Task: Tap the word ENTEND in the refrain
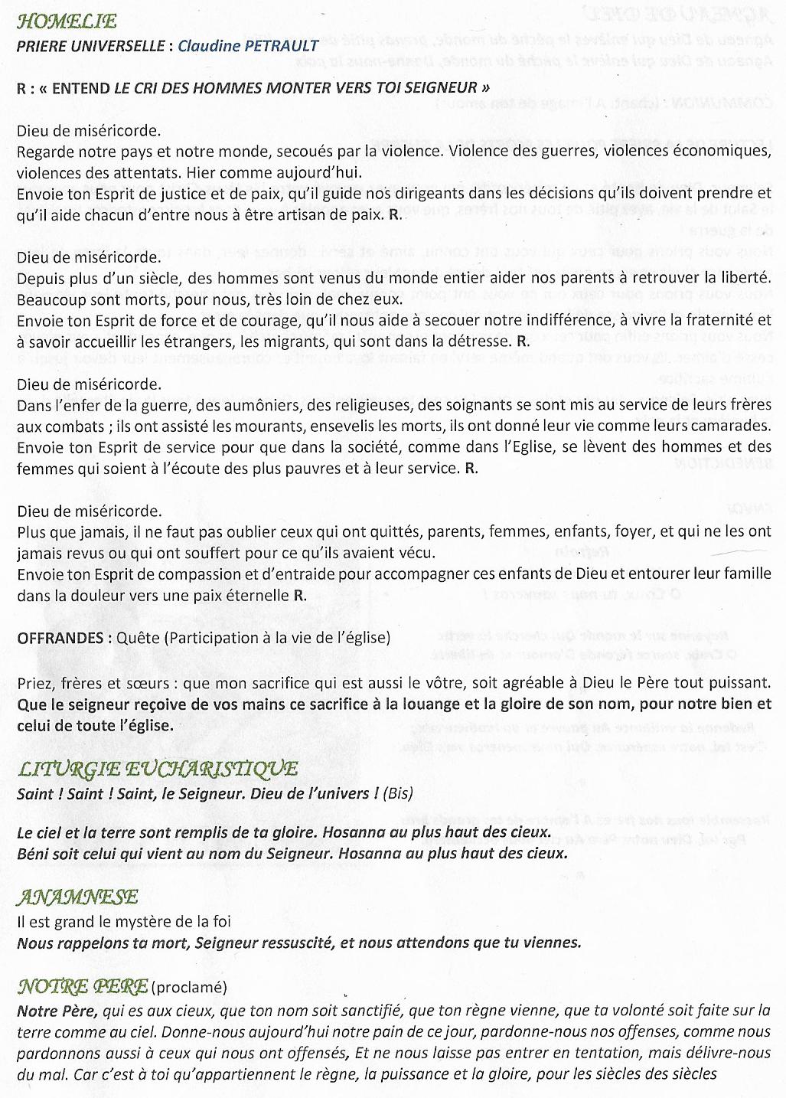(80, 87)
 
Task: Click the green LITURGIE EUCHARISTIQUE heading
(157, 770)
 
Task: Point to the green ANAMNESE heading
(77, 897)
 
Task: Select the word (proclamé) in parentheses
(188, 988)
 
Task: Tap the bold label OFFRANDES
(60, 638)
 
